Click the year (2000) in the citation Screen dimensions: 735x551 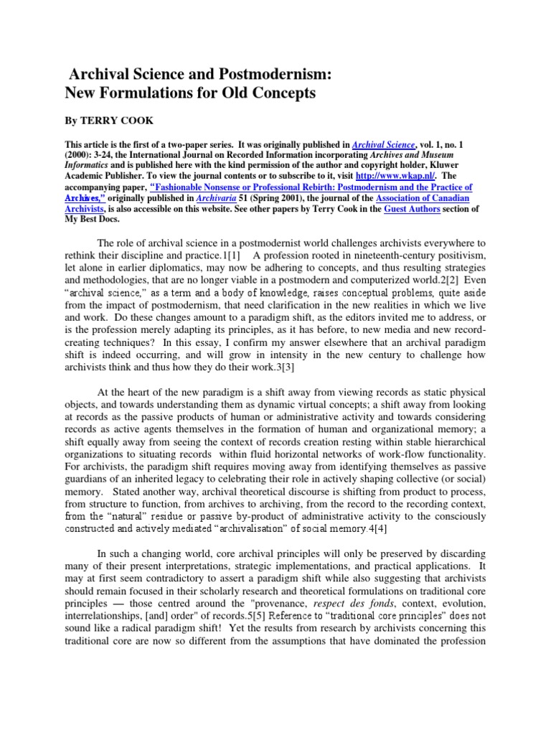82,156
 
